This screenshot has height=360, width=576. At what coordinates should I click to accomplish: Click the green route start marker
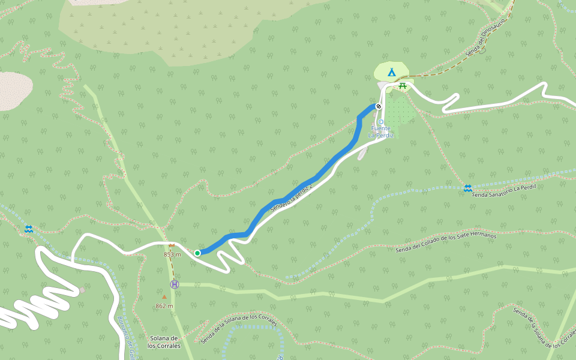(x=197, y=253)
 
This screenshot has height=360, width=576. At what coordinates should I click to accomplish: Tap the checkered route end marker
(x=379, y=106)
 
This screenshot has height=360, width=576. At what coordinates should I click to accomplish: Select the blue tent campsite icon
(x=392, y=73)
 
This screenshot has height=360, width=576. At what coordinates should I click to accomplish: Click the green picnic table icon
(x=403, y=86)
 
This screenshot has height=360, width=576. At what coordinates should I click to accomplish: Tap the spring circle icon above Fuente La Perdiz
(x=381, y=122)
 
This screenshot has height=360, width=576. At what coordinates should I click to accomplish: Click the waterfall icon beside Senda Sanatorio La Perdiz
(x=467, y=188)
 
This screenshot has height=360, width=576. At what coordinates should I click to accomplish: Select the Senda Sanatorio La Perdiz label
(x=503, y=191)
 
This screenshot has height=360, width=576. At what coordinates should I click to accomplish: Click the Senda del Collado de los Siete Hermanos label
(x=446, y=242)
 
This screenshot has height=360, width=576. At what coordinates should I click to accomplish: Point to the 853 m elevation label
(x=172, y=254)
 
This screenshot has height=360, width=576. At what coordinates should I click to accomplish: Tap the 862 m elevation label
(x=164, y=306)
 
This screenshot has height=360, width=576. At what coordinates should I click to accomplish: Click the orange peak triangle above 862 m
(x=164, y=296)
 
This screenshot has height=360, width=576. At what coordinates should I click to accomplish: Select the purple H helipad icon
(x=175, y=284)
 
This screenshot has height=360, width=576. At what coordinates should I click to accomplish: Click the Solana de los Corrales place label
(x=164, y=342)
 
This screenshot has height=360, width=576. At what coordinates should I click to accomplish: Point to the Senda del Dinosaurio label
(x=486, y=36)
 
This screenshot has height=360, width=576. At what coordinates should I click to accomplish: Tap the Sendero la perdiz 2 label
(x=292, y=199)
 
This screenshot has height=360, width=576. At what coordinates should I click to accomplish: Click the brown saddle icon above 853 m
(x=172, y=245)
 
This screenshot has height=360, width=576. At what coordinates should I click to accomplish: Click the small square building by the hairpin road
(x=82, y=290)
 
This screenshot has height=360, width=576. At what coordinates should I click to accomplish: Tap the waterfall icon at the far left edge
(x=28, y=229)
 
